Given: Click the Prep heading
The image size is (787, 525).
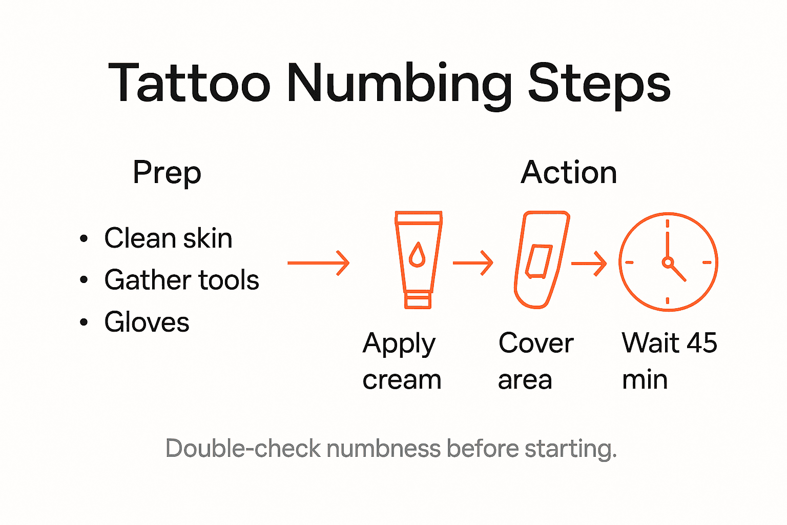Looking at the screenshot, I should [x=167, y=173].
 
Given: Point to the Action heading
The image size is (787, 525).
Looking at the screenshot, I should [x=569, y=172].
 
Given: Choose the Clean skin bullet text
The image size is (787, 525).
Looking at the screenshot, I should [x=168, y=238].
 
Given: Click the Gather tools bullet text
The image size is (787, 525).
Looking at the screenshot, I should [x=181, y=280].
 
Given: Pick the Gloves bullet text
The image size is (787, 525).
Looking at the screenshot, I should [x=147, y=322].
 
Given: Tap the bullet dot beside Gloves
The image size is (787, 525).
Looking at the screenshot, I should [x=84, y=322].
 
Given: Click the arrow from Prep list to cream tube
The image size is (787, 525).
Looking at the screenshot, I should [x=318, y=263].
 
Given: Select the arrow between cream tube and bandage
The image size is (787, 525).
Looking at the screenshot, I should [x=473, y=263].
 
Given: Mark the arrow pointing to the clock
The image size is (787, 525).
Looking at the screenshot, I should [x=589, y=264].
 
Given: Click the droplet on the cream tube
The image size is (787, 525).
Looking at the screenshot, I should [x=418, y=255].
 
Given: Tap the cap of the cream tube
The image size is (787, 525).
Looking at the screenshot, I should [x=418, y=300].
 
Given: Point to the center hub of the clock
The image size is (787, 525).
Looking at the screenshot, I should [x=667, y=262].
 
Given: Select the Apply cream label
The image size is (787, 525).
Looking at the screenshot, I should [x=401, y=361].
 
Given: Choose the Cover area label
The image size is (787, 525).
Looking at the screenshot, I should [x=535, y=361].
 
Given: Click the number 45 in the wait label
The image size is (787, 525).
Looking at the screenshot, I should [x=701, y=343].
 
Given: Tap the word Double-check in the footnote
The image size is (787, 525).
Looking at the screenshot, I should [x=243, y=449].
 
